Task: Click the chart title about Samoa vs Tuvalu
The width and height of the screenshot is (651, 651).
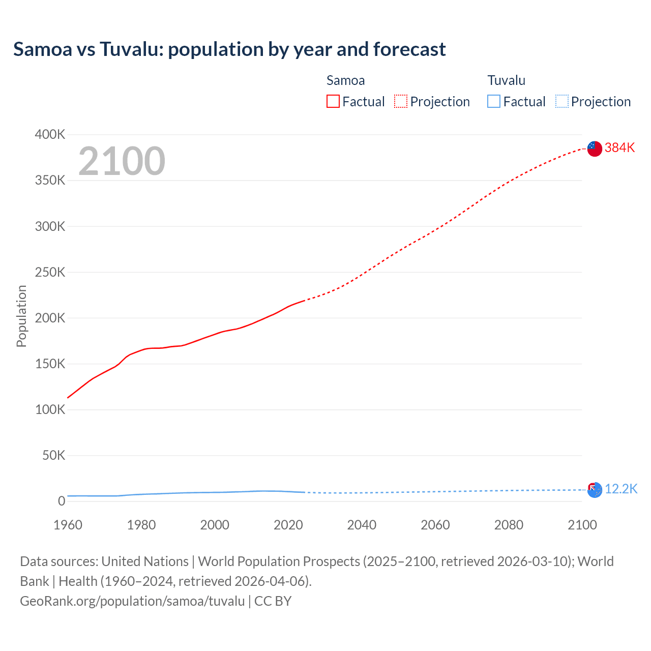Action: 229,49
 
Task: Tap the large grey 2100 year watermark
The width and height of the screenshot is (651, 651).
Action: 122,161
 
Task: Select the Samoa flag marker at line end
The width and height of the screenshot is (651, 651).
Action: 595,149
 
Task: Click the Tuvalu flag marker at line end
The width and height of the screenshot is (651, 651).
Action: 595,490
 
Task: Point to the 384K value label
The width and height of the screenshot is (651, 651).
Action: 619,147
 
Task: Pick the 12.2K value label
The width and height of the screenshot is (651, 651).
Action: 620,489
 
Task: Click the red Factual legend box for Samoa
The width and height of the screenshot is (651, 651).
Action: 333,102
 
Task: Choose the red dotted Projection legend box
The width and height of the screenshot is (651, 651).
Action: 401,102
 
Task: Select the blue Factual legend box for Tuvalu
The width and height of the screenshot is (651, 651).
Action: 494,102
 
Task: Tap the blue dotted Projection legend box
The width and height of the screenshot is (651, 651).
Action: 561,102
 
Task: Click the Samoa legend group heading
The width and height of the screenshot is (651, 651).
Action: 345,80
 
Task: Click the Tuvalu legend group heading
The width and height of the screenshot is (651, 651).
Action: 506,80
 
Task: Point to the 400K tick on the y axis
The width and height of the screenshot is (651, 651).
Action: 50,135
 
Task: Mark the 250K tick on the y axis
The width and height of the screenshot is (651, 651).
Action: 50,272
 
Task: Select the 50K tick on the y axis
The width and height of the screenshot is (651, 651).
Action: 53,455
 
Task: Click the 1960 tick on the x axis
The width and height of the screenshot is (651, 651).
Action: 68,525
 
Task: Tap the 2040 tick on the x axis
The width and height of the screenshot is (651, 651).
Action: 362,525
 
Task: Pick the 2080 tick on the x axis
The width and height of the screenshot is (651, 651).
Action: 509,525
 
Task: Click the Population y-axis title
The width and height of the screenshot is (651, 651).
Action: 21,316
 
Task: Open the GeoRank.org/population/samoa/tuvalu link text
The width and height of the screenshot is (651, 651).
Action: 132,601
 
